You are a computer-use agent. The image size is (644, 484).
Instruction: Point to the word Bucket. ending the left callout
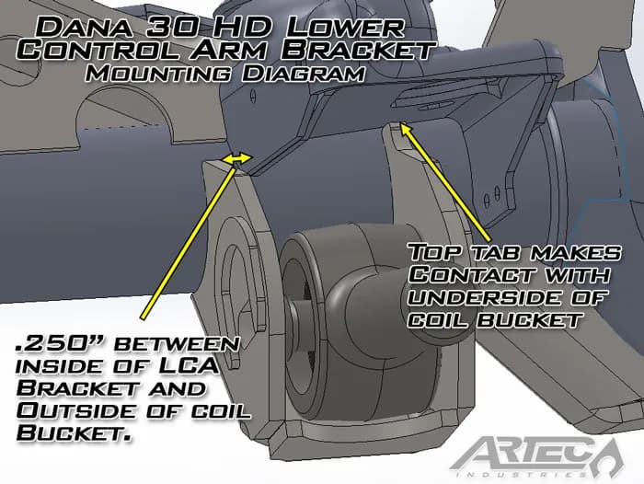(x=60, y=429)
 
